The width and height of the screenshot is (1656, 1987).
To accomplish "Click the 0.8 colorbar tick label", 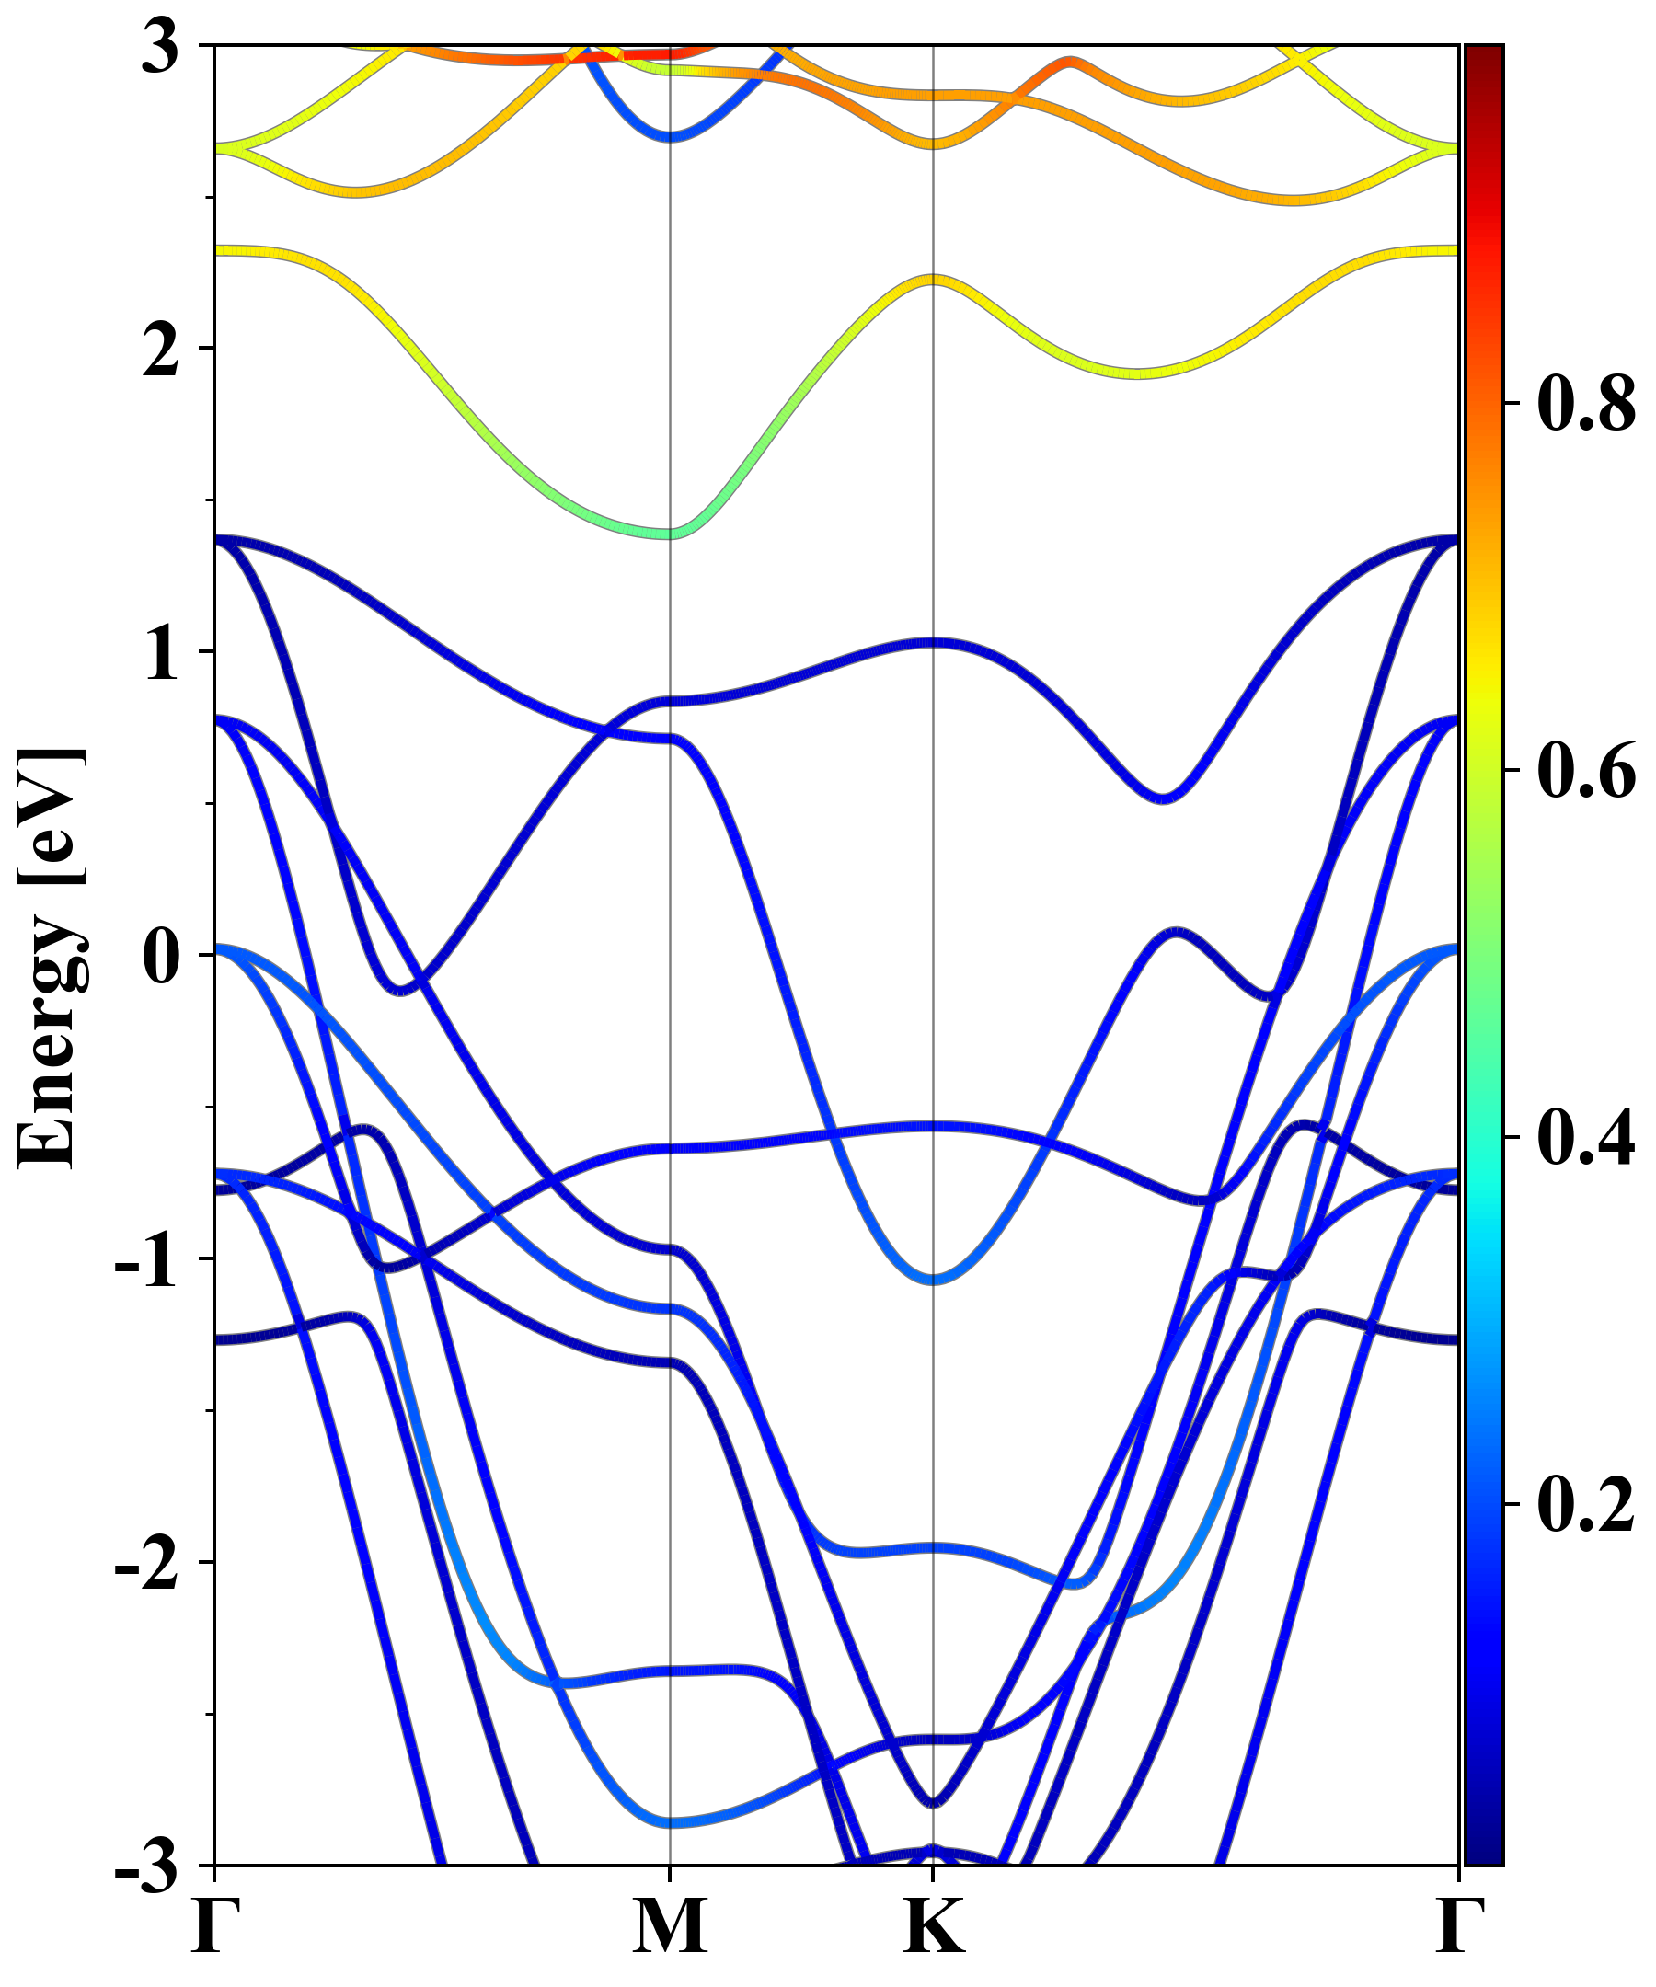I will [1586, 404].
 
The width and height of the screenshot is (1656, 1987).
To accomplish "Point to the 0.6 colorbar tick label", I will [1586, 771].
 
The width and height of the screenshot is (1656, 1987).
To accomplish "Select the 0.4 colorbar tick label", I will [1586, 1137].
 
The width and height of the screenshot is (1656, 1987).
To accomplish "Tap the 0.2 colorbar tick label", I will [1586, 1503].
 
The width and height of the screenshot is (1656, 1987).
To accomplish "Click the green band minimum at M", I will [670, 534].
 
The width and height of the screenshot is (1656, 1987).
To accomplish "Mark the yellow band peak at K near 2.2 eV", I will [933, 280].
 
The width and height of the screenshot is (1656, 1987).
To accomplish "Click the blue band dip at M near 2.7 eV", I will [670, 136].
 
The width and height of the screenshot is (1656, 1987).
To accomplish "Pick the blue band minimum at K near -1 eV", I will [933, 1280].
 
